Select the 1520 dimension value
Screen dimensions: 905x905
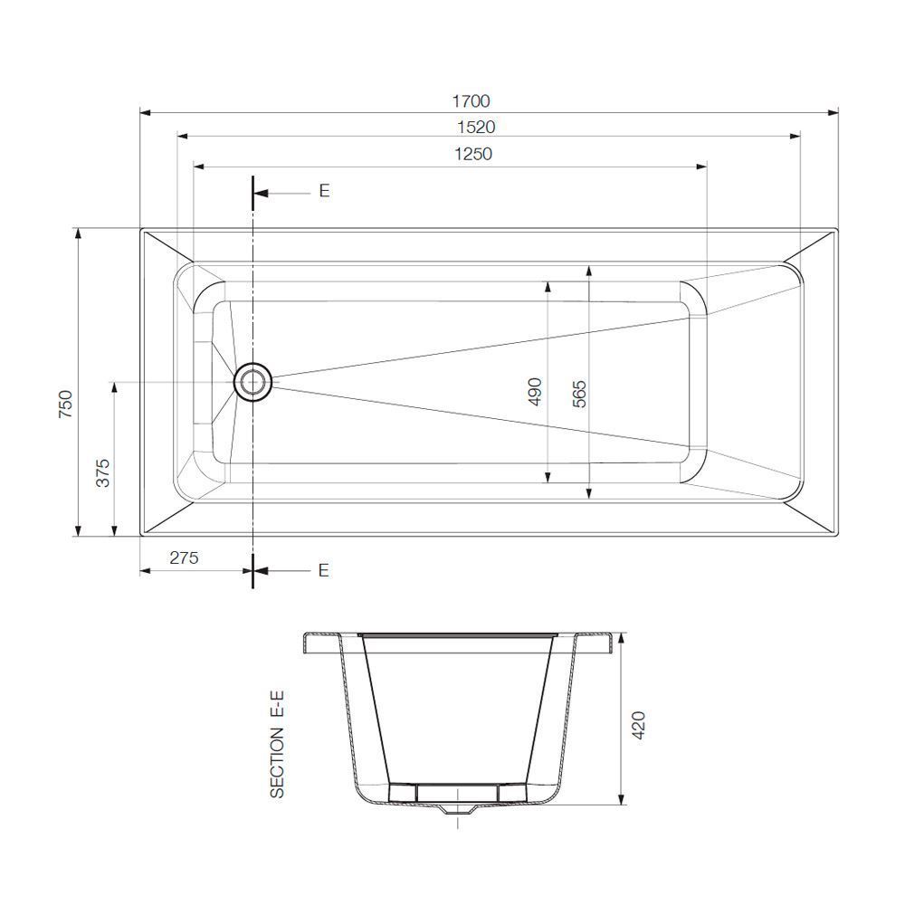(x=476, y=128)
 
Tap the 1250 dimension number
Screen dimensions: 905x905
(x=472, y=154)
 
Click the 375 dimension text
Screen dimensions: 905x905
(x=102, y=472)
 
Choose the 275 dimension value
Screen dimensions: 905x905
(x=183, y=558)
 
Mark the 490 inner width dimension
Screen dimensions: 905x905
(x=534, y=391)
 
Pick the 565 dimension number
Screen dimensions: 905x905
(x=580, y=394)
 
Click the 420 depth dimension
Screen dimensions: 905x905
(x=638, y=726)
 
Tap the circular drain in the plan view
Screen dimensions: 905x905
(x=252, y=382)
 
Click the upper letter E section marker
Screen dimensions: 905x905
(x=324, y=191)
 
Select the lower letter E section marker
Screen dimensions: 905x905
(x=324, y=570)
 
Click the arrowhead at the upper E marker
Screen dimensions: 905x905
(x=259, y=193)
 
